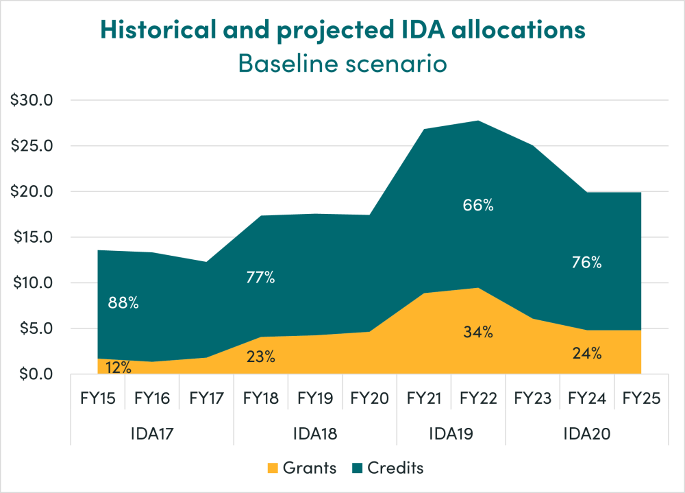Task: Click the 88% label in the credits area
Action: pyautogui.click(x=123, y=302)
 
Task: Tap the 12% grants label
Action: pyautogui.click(x=119, y=367)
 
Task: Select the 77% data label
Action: pyautogui.click(x=260, y=278)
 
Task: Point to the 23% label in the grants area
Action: pyautogui.click(x=260, y=357)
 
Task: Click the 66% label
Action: pyautogui.click(x=478, y=204)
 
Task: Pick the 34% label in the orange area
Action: pyautogui.click(x=478, y=333)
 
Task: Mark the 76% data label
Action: pyautogui.click(x=587, y=263)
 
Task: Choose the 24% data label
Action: pyautogui.click(x=587, y=354)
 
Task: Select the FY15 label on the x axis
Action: pyautogui.click(x=98, y=399)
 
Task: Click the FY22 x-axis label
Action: pyautogui.click(x=478, y=399)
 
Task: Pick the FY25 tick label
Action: pyautogui.click(x=641, y=399)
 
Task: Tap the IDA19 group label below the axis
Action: pyautogui.click(x=451, y=433)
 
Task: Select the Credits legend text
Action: pyautogui.click(x=395, y=468)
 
